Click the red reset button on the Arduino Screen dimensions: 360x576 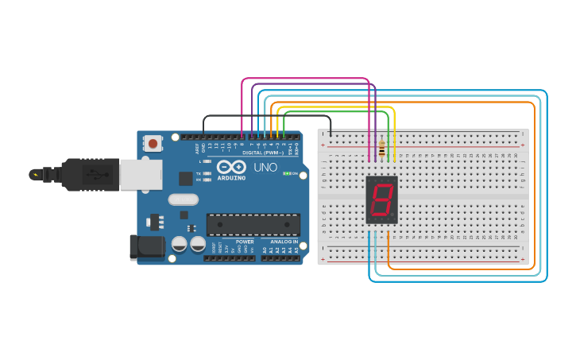pos(152,144)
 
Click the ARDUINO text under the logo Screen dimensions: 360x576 pos(231,178)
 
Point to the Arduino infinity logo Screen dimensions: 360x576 pos(231,168)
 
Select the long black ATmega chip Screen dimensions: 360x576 pos(253,224)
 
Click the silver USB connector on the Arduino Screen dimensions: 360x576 pos(141,174)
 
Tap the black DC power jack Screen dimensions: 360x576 pos(147,246)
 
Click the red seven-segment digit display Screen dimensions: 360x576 pos(381,199)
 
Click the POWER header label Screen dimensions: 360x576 pos(245,242)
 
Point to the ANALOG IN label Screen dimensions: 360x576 pos(284,242)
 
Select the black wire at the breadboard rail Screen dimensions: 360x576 pos(331,135)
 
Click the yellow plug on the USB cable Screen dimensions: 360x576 pos(34,174)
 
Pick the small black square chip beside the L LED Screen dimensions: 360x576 pos(185,179)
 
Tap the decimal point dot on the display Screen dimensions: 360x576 pos(392,217)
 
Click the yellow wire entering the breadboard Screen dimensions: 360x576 pos(394,151)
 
